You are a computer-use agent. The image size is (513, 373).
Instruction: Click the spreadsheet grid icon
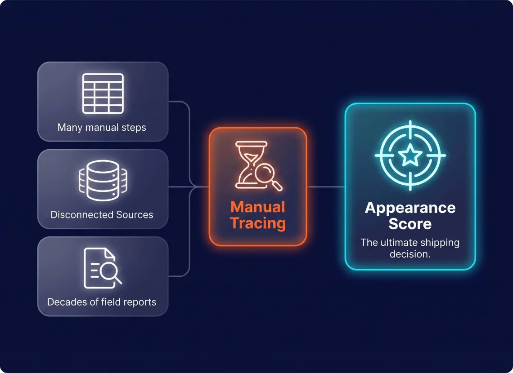(x=103, y=93)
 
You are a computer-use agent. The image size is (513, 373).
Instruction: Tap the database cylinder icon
(x=103, y=180)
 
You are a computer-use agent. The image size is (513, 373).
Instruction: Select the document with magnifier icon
(x=103, y=268)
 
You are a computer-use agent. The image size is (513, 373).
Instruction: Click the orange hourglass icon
(x=251, y=164)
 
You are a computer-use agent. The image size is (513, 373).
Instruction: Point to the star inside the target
(x=410, y=155)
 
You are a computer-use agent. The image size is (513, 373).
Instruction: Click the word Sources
(x=135, y=215)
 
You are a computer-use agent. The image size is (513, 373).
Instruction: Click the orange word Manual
(x=258, y=207)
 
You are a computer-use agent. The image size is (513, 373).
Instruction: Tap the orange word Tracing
(x=258, y=223)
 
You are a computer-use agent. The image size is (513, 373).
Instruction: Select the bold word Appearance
(x=410, y=208)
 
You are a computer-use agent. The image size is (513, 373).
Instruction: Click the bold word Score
(x=410, y=224)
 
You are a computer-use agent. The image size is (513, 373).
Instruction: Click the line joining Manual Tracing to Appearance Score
(x=326, y=187)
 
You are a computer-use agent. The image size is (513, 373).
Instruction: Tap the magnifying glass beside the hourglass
(x=268, y=177)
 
